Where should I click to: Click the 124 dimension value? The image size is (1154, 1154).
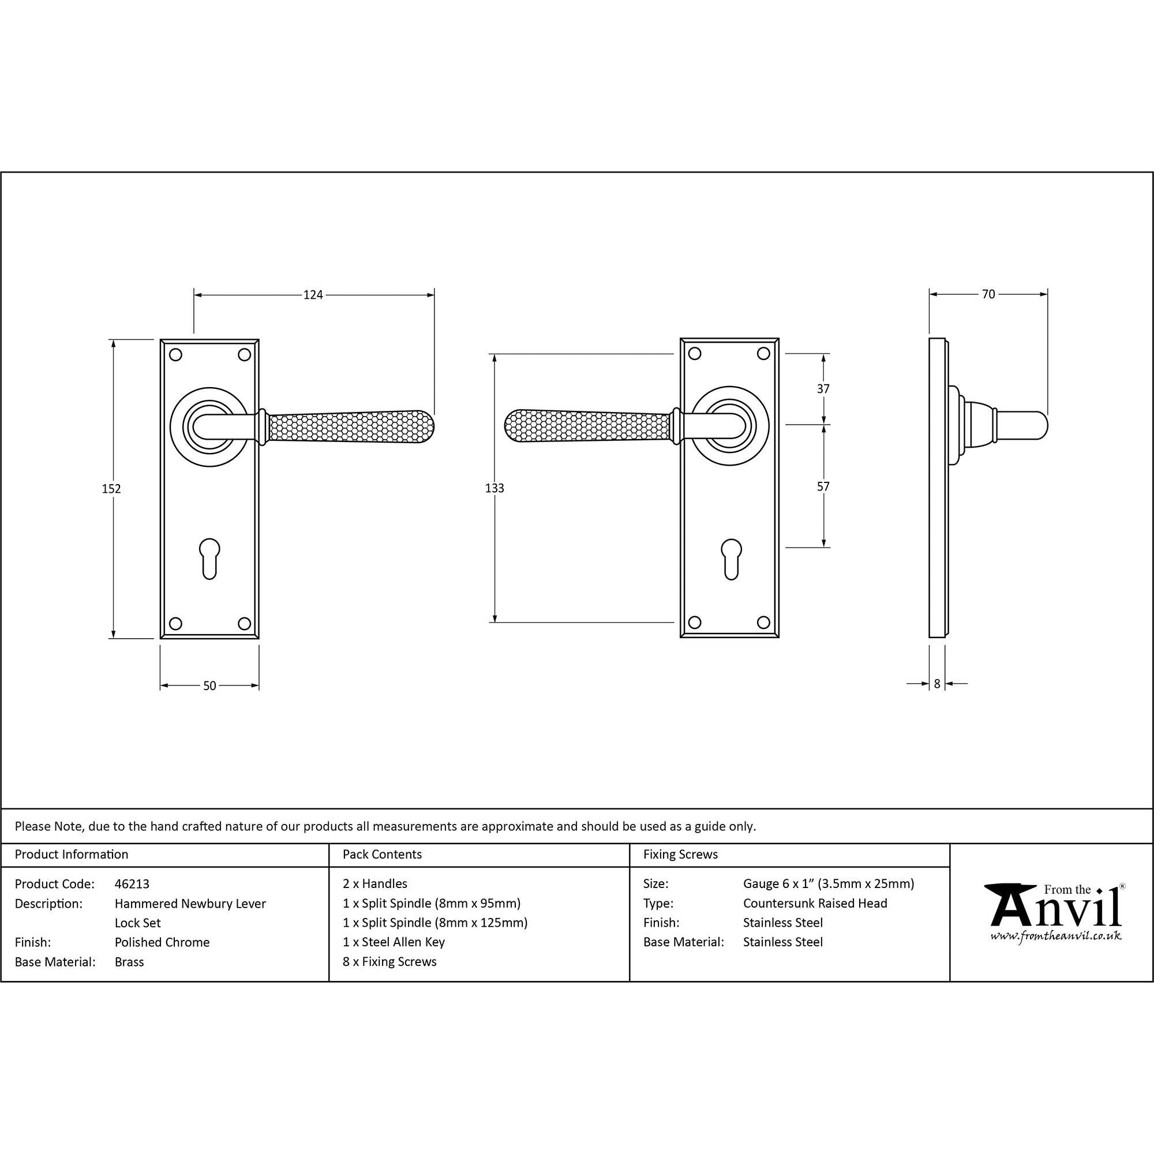click(x=313, y=294)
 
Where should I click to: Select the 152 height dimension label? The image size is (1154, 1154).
click(x=111, y=489)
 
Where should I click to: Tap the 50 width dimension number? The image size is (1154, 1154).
click(x=209, y=685)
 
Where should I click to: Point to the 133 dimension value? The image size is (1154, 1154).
click(x=494, y=488)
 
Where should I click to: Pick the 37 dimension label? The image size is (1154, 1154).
click(x=823, y=389)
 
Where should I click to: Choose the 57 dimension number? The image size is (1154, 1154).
click(x=823, y=487)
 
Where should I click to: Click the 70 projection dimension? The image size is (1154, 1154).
click(x=988, y=294)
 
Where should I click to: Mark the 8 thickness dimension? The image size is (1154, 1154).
click(x=937, y=684)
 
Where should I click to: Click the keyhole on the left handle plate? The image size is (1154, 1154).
click(x=209, y=559)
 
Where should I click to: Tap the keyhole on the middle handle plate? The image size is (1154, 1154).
click(x=731, y=559)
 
